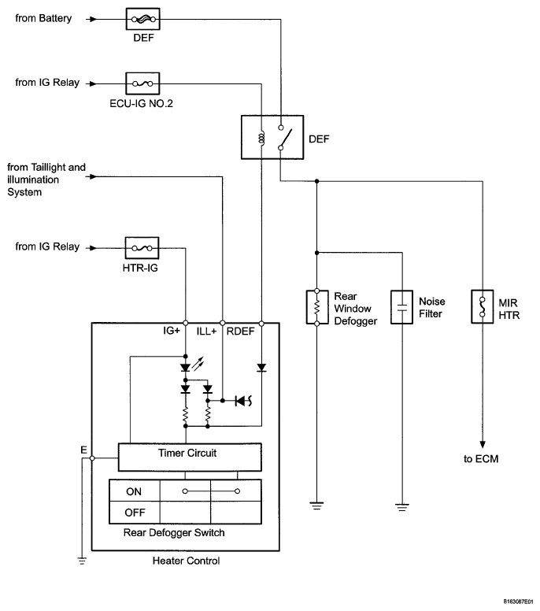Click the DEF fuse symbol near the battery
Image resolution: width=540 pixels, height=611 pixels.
coord(143,17)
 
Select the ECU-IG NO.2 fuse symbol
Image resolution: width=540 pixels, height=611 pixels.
coord(143,82)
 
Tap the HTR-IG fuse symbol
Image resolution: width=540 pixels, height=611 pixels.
coord(142,246)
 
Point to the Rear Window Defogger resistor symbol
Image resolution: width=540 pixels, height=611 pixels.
coord(316,306)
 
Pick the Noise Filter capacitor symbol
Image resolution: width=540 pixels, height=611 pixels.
coord(402,306)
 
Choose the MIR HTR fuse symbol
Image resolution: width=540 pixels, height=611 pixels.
coord(481,306)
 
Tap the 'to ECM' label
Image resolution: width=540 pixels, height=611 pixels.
coord(481,458)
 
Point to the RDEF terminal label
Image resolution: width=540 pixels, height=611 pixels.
coord(240,331)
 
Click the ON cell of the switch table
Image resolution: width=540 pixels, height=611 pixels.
coord(134,491)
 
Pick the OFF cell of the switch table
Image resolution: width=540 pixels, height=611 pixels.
coord(134,513)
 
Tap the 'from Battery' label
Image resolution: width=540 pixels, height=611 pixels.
coord(44,17)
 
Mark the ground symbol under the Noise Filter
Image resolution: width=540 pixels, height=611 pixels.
coord(402,506)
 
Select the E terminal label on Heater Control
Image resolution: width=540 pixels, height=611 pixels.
coord(83,450)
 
